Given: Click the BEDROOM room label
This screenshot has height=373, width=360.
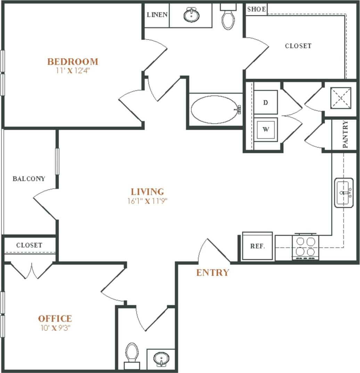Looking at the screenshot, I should pyautogui.click(x=73, y=62).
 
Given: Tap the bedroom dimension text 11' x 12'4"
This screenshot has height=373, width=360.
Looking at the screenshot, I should pyautogui.click(x=73, y=70).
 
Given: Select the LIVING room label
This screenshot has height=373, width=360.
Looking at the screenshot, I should pyautogui.click(x=147, y=192).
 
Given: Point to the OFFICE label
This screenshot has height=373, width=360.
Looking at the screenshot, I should pyautogui.click(x=55, y=318).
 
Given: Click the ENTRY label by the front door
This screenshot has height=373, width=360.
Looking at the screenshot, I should pyautogui.click(x=213, y=273).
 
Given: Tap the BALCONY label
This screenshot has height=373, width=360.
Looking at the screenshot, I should pyautogui.click(x=29, y=179).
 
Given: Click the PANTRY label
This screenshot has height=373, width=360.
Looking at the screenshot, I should pyautogui.click(x=345, y=135).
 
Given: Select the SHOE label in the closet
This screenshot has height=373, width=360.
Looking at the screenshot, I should pyautogui.click(x=256, y=9).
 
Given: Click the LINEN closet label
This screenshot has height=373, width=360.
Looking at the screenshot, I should pyautogui.click(x=157, y=15).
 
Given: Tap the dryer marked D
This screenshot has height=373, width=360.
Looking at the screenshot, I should pyautogui.click(x=265, y=102).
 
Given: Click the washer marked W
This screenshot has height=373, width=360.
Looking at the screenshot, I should pyautogui.click(x=265, y=130).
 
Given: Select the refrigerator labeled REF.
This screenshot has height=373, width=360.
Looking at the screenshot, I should pyautogui.click(x=257, y=246).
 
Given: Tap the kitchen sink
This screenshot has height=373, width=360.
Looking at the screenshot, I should pyautogui.click(x=344, y=193).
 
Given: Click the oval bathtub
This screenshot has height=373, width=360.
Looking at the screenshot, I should pyautogui.click(x=215, y=109).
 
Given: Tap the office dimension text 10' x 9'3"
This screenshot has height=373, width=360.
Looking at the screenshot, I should pyautogui.click(x=55, y=327).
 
